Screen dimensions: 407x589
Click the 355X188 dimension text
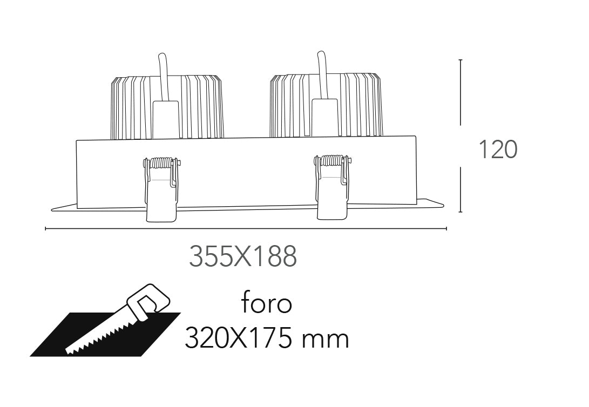pos(242,257)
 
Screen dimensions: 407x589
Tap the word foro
pos(267,304)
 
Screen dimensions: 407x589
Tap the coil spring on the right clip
pos(331,161)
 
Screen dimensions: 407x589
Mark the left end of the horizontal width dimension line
pos(46,229)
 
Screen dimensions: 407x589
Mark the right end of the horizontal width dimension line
pos(446,229)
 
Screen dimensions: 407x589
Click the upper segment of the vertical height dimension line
pos(460,92)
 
